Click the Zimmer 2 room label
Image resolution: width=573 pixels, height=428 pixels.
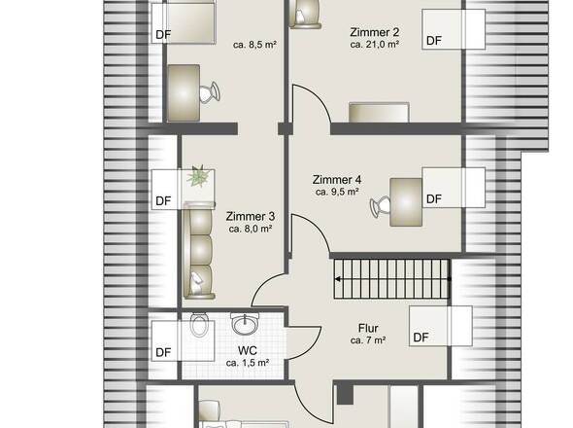(x=374, y=32)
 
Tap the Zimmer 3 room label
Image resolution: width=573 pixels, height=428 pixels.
(x=251, y=216)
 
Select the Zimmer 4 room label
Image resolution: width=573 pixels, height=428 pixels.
(x=337, y=180)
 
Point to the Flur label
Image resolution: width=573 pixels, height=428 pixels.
(x=368, y=328)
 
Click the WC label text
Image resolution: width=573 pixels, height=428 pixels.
(x=248, y=351)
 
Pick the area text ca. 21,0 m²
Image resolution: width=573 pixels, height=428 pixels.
(x=374, y=45)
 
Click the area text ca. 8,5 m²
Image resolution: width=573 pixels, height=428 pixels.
(x=254, y=45)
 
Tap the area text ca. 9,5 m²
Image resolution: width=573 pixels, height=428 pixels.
(x=337, y=192)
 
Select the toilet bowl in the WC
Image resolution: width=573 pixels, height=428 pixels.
(x=199, y=324)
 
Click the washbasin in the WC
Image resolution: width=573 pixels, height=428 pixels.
(x=245, y=324)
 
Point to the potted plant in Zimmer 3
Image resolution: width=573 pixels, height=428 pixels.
(x=199, y=176)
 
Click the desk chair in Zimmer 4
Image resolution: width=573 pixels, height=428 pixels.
(x=381, y=206)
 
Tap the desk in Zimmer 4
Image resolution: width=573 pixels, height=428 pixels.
(x=406, y=202)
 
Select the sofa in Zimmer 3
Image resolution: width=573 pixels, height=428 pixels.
(x=199, y=250)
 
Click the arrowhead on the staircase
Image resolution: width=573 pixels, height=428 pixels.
(x=338, y=279)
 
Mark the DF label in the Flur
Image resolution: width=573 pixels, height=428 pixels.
(x=421, y=338)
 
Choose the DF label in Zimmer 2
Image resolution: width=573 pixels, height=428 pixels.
(x=434, y=41)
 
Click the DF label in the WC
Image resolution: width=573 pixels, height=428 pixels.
(x=163, y=352)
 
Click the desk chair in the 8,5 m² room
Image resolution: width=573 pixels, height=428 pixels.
(x=210, y=91)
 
